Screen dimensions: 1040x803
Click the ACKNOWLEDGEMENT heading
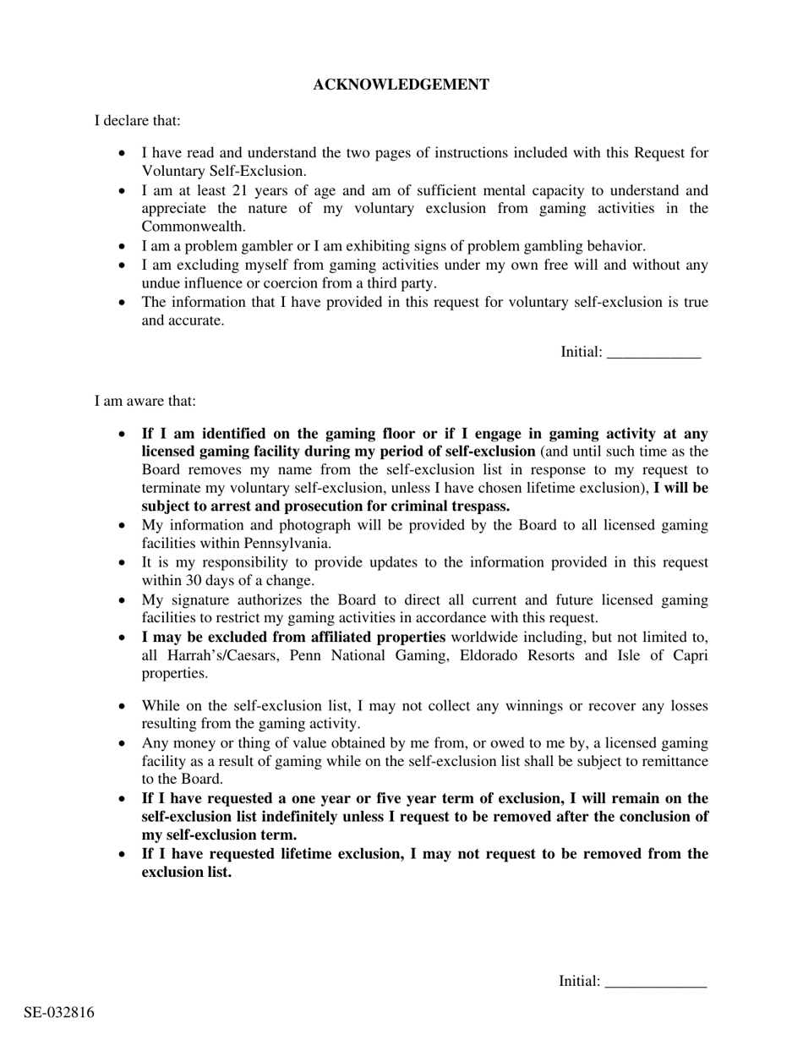pos(401,85)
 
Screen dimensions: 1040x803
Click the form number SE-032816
pos(59,1013)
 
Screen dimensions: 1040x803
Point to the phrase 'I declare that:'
pos(137,121)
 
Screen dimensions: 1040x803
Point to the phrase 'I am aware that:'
pos(145,401)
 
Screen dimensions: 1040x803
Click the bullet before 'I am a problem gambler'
pos(123,247)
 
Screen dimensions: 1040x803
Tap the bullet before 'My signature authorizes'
pos(123,600)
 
